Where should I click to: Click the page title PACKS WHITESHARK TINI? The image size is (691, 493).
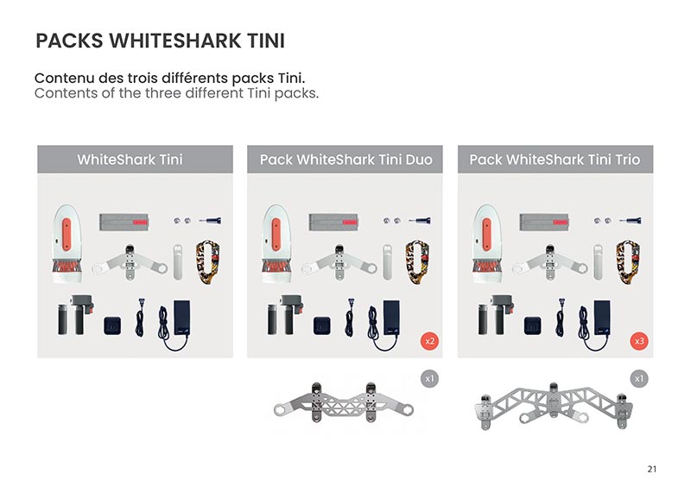point(160,41)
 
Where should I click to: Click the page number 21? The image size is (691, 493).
point(652,469)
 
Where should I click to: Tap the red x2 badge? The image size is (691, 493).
point(429,341)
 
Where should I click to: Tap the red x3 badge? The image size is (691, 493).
point(639,341)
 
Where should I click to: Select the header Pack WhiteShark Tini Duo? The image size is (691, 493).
point(346,160)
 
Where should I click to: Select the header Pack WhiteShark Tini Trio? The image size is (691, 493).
point(555,160)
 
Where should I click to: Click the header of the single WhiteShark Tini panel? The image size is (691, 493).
point(130,160)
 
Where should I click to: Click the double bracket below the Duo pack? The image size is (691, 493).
point(343,402)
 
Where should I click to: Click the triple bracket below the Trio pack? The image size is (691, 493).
point(554,406)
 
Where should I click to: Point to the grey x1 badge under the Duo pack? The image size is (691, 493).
point(429,378)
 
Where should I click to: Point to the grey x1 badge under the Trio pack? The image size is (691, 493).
point(639,378)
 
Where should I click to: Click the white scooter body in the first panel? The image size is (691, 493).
point(67,243)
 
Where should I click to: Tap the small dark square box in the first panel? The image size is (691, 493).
point(112,326)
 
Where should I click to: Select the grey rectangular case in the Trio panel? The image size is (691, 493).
point(544,222)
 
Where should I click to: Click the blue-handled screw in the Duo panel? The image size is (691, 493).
point(420,220)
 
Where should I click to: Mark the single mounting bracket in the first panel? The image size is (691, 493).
point(130,262)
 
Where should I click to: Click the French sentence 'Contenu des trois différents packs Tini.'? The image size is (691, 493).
point(169,78)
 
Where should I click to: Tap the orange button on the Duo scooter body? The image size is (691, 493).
point(276,234)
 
